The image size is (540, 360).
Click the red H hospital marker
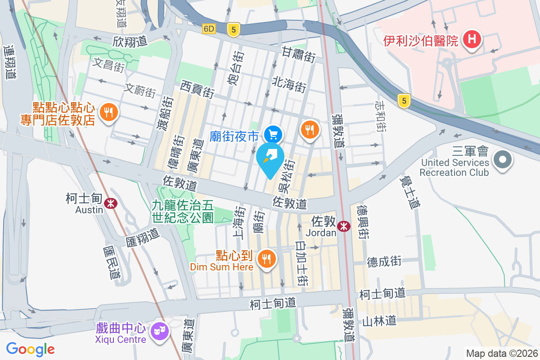472,39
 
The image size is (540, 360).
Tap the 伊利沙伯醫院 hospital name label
421,41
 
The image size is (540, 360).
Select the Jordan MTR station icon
344,226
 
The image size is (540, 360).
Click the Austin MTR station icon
110,203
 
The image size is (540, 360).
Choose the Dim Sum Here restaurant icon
266,259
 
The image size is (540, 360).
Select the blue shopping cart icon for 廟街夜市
273,134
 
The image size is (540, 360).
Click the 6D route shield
209,29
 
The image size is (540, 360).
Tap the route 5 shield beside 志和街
404,101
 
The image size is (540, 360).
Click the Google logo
31,349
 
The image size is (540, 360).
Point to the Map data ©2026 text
502,353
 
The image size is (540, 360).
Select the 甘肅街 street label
299,54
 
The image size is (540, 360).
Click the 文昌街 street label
108,66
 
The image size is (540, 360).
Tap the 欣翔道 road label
130,41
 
